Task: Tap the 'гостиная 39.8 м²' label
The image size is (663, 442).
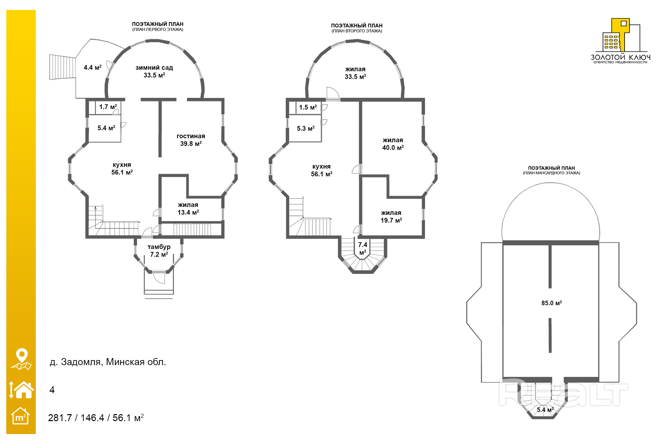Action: coord(191,140)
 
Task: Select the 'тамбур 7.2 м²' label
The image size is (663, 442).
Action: coord(159,251)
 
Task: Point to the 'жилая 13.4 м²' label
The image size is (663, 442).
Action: coord(188,209)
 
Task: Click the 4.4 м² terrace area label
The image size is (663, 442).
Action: coord(92,68)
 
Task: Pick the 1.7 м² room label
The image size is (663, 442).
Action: coord(108,107)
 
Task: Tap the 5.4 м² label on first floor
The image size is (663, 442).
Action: coord(106,128)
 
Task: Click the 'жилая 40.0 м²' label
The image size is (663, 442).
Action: coord(393,144)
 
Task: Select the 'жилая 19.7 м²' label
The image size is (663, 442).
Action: coord(391,217)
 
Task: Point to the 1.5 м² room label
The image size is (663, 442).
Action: coord(308,107)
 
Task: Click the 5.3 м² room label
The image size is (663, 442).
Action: coord(306,128)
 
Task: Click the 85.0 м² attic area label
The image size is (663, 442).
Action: coord(551,303)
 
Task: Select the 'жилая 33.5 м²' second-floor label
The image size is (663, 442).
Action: coord(355,73)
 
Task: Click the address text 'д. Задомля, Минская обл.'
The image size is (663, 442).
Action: coord(108,362)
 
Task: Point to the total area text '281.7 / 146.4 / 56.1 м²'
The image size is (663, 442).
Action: coord(96,418)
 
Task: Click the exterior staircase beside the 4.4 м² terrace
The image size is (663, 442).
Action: coord(62,67)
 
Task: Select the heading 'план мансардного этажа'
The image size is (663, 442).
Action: coord(551,173)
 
